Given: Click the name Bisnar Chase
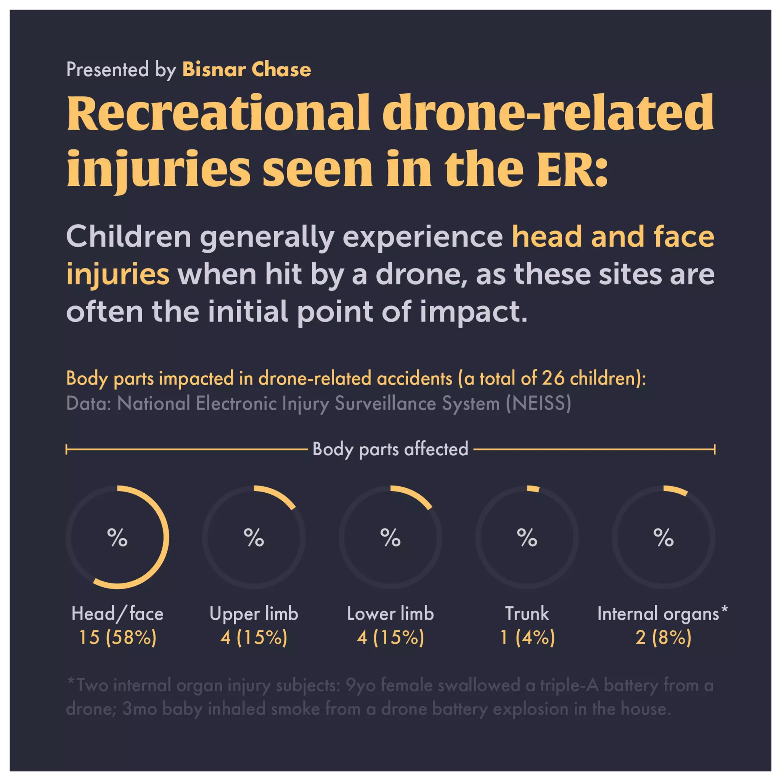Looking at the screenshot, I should (x=247, y=69).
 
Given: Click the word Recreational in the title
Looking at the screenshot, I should (x=218, y=113).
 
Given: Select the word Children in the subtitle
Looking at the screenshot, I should (x=128, y=237).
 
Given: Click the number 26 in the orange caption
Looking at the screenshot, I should (x=553, y=378).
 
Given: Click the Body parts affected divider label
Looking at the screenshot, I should (x=390, y=449).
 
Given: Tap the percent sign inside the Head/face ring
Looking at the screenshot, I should (x=117, y=538).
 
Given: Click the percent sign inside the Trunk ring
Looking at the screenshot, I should (x=527, y=538).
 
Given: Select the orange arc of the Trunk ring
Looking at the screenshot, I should (x=533, y=489).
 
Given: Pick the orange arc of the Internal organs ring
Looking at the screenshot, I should (x=676, y=490).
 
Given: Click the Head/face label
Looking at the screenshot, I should (x=117, y=614).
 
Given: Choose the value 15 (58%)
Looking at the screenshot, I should (x=117, y=638).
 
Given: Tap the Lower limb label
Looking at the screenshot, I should (x=390, y=614).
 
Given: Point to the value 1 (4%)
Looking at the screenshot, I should (x=527, y=638).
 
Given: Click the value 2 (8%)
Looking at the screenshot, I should (x=664, y=638).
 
